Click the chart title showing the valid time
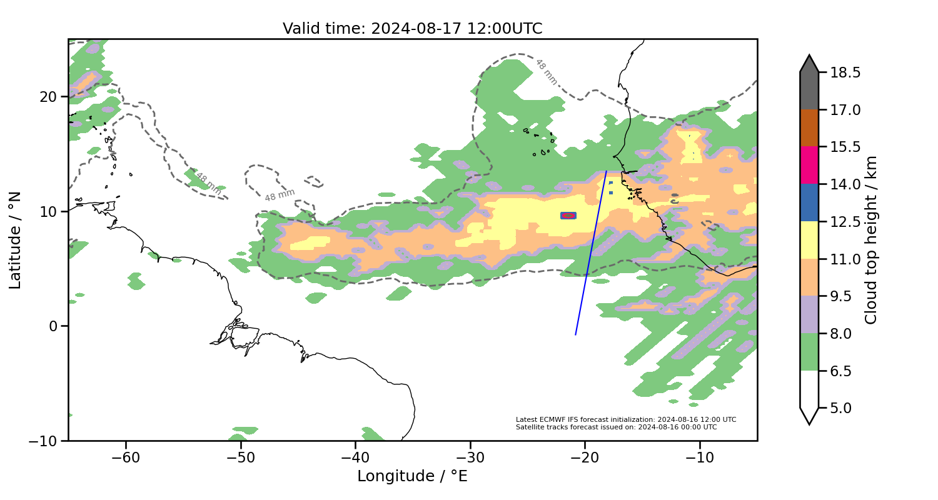click(412, 29)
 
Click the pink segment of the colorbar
click(809, 165)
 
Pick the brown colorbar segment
click(809, 128)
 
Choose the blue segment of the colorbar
click(809, 202)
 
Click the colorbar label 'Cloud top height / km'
click(871, 240)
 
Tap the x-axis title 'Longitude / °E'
click(412, 476)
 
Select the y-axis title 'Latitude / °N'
click(16, 240)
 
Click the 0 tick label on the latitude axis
click(54, 326)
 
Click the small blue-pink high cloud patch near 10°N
click(568, 216)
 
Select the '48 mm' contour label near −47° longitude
click(280, 195)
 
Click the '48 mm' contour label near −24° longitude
click(545, 72)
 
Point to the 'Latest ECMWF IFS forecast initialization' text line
click(625, 419)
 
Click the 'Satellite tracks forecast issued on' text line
click(616, 427)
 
